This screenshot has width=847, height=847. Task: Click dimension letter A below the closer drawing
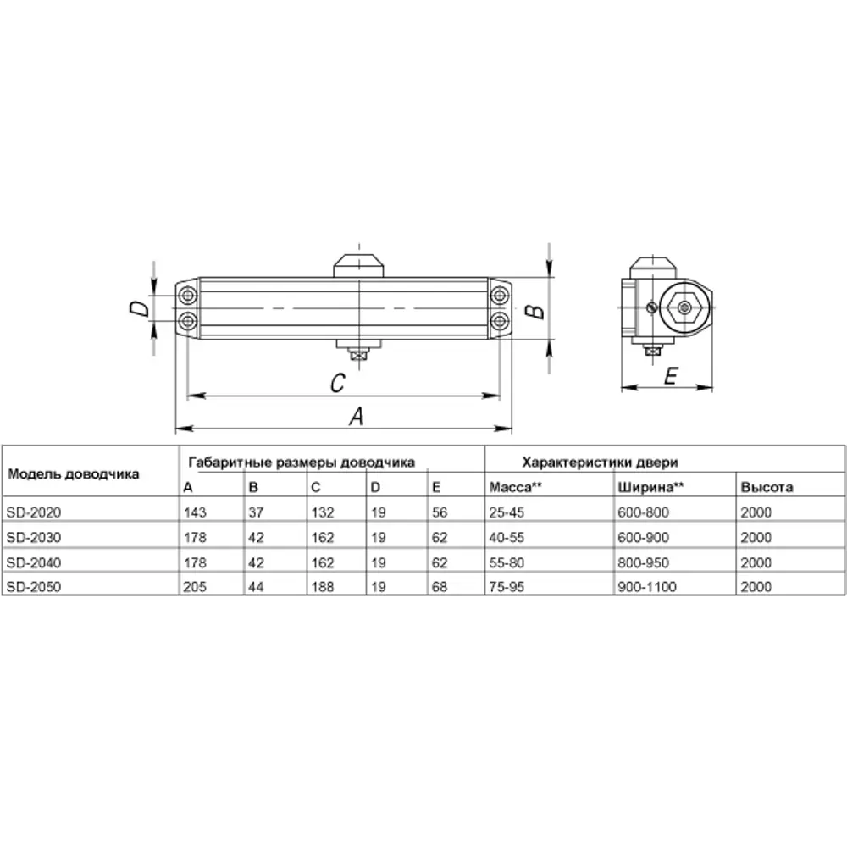(357, 416)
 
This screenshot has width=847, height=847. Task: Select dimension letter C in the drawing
(336, 384)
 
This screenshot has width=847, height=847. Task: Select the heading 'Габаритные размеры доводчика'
(301, 462)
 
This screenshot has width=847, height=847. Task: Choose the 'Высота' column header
(767, 488)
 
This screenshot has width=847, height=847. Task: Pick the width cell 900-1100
(647, 587)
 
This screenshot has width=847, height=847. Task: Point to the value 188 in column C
(324, 587)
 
